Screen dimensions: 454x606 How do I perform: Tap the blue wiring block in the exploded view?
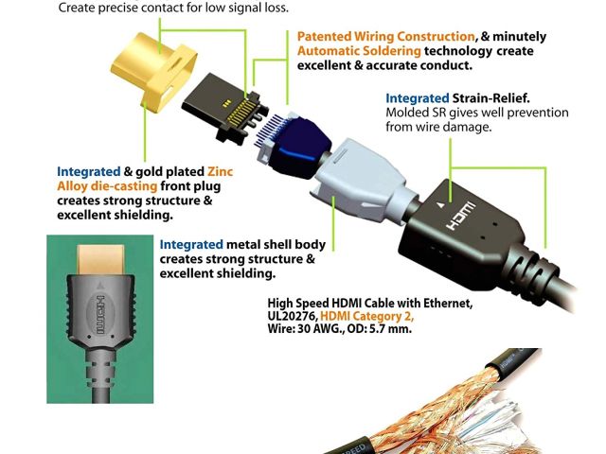coord(294,148)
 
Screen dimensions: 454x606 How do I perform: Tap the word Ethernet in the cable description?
coord(444,303)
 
